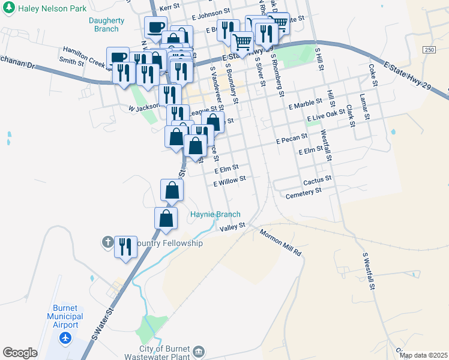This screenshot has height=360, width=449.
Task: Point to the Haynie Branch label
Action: (x=215, y=214)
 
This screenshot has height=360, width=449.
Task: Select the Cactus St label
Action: (x=318, y=180)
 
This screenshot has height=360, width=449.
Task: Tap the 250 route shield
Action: (x=428, y=49)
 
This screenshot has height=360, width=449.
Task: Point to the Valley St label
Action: (x=233, y=227)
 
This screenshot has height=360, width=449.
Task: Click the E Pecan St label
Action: (x=292, y=140)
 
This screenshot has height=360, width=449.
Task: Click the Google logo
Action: (x=20, y=353)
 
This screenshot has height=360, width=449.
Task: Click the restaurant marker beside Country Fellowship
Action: (x=125, y=246)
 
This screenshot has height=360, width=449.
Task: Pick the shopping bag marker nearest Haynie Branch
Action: (x=166, y=218)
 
